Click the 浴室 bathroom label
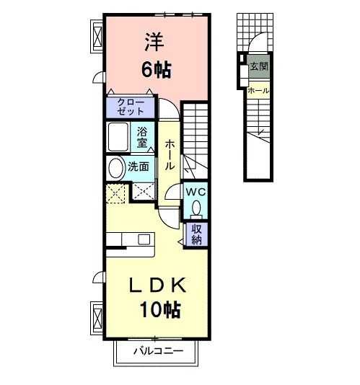pos(143,136)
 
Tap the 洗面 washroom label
pos(139,166)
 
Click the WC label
pos(196,192)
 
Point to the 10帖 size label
pos(160,311)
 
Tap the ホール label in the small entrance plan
pos(258,91)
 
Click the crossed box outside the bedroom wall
pos(97,34)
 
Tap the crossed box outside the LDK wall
pos(97,315)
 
